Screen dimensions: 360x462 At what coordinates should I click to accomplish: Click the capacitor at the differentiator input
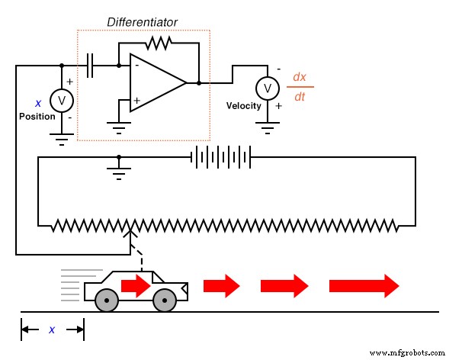pyautogui.click(x=92, y=66)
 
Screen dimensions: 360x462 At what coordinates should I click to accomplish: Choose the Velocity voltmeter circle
pyautogui.click(x=267, y=88)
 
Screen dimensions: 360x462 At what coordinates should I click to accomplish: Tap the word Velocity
pyautogui.click(x=243, y=106)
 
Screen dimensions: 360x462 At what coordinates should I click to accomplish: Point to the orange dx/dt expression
pyautogui.click(x=300, y=87)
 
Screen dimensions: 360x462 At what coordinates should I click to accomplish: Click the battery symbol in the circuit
pyautogui.click(x=220, y=157)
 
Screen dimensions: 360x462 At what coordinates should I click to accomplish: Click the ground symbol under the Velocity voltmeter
pyautogui.click(x=267, y=125)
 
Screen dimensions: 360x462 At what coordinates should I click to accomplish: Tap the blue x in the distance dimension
pyautogui.click(x=52, y=329)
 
